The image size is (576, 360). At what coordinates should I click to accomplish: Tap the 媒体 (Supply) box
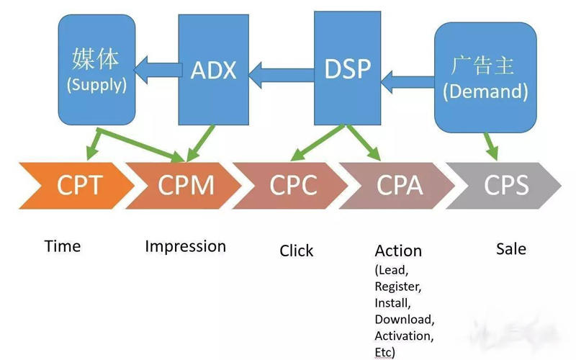click(x=96, y=71)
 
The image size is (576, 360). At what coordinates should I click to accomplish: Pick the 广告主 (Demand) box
click(x=485, y=77)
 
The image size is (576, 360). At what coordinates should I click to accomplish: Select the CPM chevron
click(x=185, y=185)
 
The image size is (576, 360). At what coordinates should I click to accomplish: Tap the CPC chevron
click(x=292, y=185)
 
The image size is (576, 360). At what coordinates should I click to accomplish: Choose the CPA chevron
click(x=399, y=185)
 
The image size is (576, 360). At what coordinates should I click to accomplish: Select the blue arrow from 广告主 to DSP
click(x=407, y=74)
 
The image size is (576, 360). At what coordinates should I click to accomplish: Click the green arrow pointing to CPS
click(x=490, y=145)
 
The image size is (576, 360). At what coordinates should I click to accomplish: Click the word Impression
click(x=185, y=246)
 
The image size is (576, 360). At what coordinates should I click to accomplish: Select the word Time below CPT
click(x=63, y=246)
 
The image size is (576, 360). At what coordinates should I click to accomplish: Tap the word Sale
click(x=511, y=249)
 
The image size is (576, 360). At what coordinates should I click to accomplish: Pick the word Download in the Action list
click(x=404, y=319)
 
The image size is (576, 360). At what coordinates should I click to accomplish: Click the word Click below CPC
click(x=297, y=251)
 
